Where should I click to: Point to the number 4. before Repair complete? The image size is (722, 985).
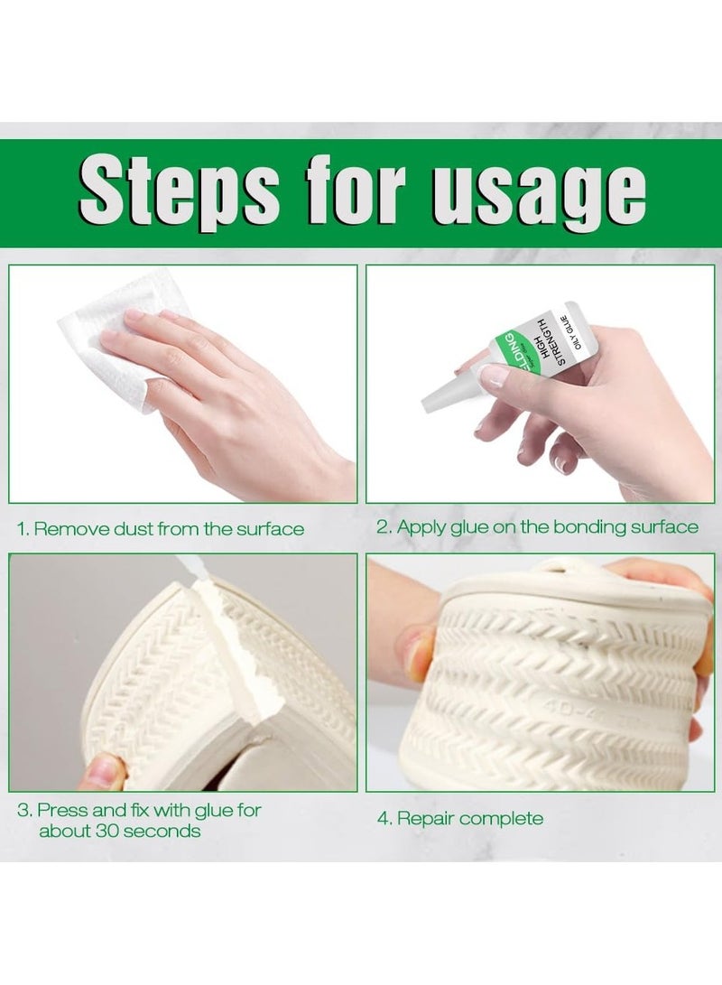point(383,819)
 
